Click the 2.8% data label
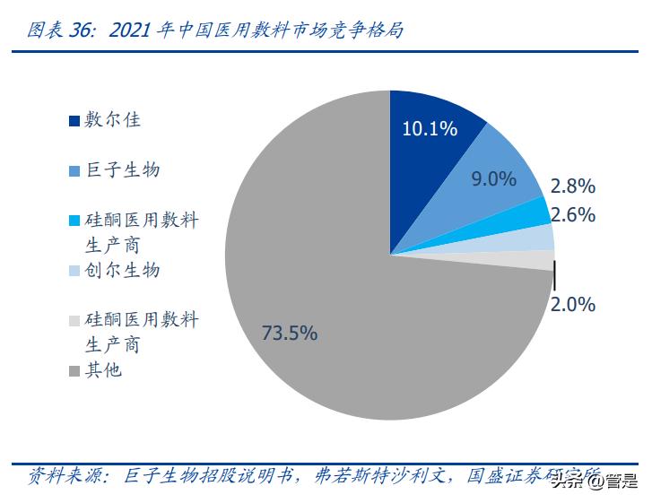pyautogui.click(x=573, y=186)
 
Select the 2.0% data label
pyautogui.click(x=573, y=304)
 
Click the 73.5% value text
pyautogui.click(x=289, y=333)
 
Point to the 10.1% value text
pyautogui.click(x=430, y=128)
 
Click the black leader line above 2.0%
pyautogui.click(x=554, y=273)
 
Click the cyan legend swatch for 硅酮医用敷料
pyautogui.click(x=75, y=221)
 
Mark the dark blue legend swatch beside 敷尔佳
pyautogui.click(x=75, y=120)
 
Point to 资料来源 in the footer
pyautogui.click(x=61, y=474)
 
